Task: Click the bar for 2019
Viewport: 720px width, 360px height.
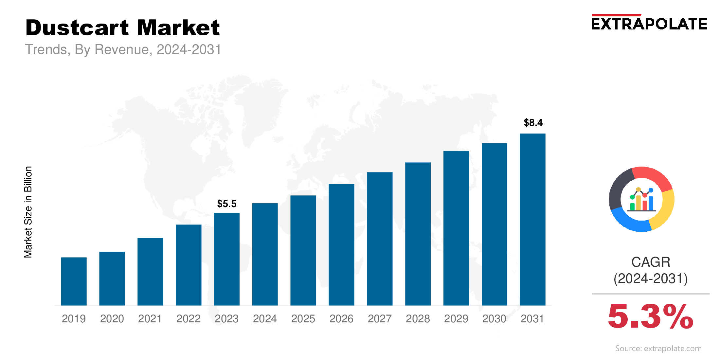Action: (74, 281)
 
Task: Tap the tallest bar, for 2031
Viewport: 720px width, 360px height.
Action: (532, 219)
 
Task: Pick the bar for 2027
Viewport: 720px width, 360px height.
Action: (380, 239)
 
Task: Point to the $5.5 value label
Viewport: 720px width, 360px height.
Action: (227, 204)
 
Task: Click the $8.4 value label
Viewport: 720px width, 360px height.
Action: (533, 123)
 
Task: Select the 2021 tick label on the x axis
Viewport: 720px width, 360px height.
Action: (150, 319)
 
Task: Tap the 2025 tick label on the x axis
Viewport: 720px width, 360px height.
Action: (303, 319)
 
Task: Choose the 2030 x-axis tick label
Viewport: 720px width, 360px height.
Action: (494, 319)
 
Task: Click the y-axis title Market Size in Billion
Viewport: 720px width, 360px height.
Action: (28, 212)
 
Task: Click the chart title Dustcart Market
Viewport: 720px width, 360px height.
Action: (123, 27)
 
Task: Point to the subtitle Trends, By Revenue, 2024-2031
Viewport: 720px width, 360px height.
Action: (123, 50)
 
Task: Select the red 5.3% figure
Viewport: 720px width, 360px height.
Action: (650, 316)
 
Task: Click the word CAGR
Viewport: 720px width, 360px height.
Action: (651, 262)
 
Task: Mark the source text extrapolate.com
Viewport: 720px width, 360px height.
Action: (658, 349)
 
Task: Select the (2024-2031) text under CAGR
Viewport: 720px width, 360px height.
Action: (651, 279)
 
